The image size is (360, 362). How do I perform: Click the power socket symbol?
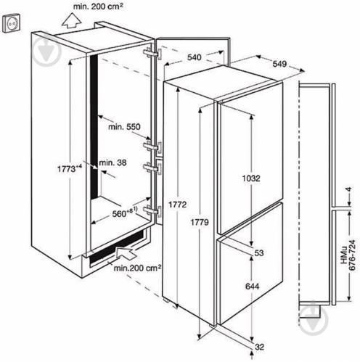[12, 23]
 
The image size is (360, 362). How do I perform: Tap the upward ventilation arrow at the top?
[71, 21]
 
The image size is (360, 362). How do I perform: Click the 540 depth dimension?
[195, 57]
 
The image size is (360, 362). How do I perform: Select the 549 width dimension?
[279, 64]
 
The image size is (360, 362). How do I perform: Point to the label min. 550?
[124, 127]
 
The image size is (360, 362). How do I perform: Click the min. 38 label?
[112, 163]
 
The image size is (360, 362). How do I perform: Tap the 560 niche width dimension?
[125, 213]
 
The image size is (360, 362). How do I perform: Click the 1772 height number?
[178, 205]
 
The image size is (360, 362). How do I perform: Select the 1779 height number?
[200, 222]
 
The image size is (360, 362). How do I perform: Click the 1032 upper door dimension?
[251, 178]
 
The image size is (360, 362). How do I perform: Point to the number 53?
[259, 253]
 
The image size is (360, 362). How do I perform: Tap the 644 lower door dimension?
[252, 287]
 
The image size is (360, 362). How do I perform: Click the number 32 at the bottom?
[259, 347]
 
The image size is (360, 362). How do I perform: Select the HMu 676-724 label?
[348, 255]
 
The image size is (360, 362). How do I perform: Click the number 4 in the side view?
[348, 189]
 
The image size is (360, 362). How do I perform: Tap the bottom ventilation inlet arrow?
[126, 253]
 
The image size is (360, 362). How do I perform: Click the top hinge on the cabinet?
[152, 54]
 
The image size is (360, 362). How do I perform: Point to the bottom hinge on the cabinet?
[152, 210]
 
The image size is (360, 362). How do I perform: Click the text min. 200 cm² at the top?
[98, 7]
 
